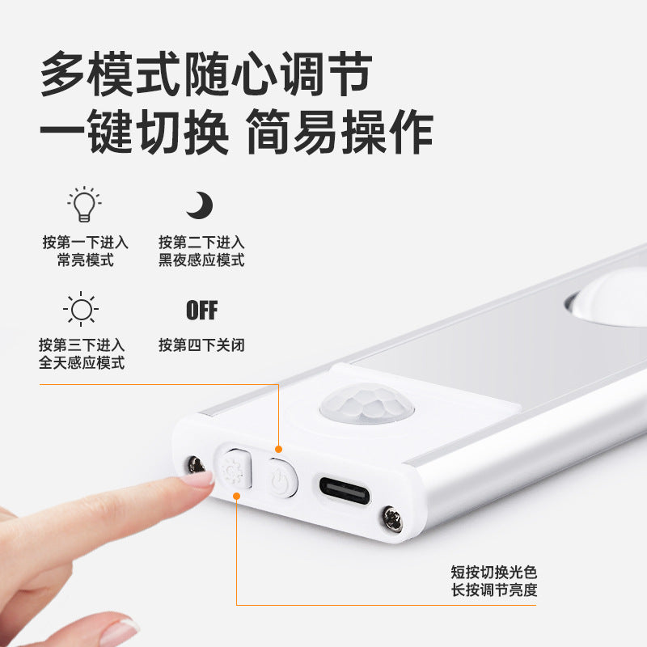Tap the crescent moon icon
tap(199, 205)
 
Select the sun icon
tap(81, 310)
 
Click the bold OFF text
tap(201, 310)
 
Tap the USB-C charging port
tap(344, 489)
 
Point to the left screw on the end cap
tap(195, 464)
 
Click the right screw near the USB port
tap(391, 518)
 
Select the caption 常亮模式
tap(85, 260)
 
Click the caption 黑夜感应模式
tap(201, 260)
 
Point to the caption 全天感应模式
tap(82, 363)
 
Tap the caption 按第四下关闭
tap(201, 345)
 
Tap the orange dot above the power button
tap(278, 449)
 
